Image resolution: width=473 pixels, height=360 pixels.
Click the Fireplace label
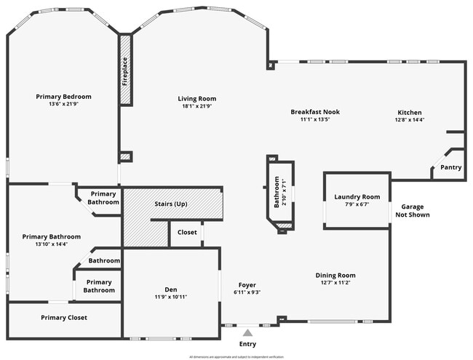pyautogui.click(x=125, y=71)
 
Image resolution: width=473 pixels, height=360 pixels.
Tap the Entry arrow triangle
pyautogui.click(x=247, y=332)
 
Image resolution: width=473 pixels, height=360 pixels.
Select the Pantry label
pyautogui.click(x=451, y=167)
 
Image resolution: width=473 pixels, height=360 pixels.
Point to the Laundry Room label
pyautogui.click(x=357, y=197)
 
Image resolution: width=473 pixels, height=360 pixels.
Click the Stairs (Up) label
pyautogui.click(x=171, y=204)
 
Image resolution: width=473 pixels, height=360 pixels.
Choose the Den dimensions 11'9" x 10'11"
pyautogui.click(x=171, y=298)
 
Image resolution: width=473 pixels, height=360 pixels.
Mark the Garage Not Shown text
pyautogui.click(x=412, y=211)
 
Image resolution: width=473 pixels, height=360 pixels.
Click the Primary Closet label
pyautogui.click(x=64, y=318)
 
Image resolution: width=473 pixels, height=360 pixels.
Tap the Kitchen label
pyautogui.click(x=410, y=113)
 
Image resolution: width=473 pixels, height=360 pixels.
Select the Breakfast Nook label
pyautogui.click(x=315, y=112)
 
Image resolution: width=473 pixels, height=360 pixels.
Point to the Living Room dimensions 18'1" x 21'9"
pyautogui.click(x=197, y=106)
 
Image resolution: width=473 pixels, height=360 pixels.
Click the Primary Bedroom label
pyautogui.click(x=64, y=97)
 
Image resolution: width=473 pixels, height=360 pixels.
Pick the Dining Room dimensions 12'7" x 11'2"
pyautogui.click(x=335, y=284)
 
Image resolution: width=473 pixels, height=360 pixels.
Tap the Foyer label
pyautogui.click(x=247, y=285)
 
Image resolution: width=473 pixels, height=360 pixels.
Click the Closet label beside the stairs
pyautogui.click(x=187, y=233)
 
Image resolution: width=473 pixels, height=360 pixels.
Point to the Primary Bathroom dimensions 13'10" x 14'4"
pyautogui.click(x=51, y=244)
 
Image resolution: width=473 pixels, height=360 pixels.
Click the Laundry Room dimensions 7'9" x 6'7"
pyautogui.click(x=357, y=204)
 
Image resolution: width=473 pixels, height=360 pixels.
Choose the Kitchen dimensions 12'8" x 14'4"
pyautogui.click(x=410, y=120)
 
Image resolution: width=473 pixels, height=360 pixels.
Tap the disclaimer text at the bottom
pyautogui.click(x=236, y=357)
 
